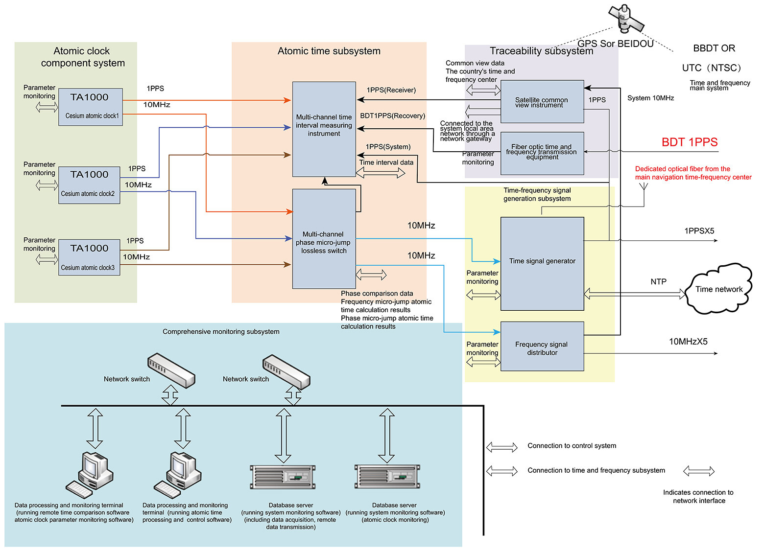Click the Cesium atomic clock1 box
90,107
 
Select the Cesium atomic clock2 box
89,184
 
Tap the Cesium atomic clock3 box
89,257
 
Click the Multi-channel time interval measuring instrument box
324,129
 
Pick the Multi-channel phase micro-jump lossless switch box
324,239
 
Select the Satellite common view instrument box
542,101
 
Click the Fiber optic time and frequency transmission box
542,153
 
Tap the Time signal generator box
542,263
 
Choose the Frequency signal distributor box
542,346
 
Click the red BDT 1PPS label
689,142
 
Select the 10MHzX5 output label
688,342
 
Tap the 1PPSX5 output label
699,231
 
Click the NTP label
658,282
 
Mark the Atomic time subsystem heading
329,51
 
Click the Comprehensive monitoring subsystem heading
221,332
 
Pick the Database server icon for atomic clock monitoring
387,477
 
